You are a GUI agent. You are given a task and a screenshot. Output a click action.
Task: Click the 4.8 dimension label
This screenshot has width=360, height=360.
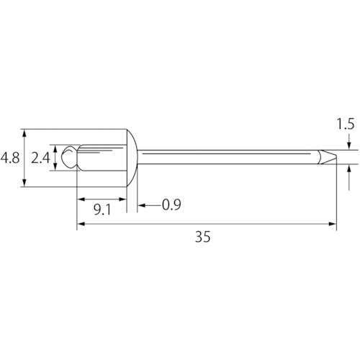pos(10,158)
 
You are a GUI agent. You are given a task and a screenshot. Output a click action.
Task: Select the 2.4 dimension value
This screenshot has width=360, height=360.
pos(40,158)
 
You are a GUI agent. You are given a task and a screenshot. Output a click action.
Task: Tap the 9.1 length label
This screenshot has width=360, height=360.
pos(102,210)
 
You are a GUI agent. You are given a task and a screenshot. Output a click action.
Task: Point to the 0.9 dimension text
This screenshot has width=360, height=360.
pos(171,204)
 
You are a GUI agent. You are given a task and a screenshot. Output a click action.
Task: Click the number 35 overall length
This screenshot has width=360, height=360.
pos(203,237)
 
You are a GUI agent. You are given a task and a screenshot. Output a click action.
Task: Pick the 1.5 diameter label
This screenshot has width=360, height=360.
pos(346,124)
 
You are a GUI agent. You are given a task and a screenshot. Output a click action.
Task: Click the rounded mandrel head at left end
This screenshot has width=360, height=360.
pos(69,157)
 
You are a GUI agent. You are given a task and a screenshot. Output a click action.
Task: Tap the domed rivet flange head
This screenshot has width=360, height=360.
pos(132,158)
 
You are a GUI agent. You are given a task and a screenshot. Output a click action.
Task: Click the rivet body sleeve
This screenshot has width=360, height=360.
pos(102,158)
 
